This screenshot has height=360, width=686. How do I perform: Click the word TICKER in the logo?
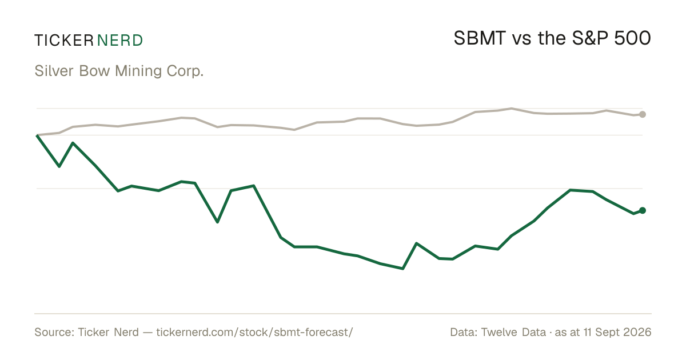64,41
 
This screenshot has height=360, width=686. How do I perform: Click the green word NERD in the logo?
120,41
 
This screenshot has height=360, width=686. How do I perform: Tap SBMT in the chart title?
480,38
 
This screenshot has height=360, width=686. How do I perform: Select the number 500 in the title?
632,38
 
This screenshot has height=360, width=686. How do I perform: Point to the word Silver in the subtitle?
54,71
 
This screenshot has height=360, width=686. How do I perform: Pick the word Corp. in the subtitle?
185,71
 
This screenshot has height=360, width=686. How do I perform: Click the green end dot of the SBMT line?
643,210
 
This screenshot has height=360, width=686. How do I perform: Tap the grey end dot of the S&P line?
643,114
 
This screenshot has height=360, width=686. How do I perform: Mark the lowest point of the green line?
402,269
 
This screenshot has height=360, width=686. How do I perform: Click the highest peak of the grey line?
511,109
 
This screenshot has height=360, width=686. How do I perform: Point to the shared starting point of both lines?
37,135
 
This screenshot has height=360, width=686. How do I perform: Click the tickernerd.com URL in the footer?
254,332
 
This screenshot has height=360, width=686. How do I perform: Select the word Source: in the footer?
54,332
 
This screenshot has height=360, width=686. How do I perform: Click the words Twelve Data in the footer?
513,332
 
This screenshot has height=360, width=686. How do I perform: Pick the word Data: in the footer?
464,332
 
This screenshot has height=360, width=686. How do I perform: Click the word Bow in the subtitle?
94,71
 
